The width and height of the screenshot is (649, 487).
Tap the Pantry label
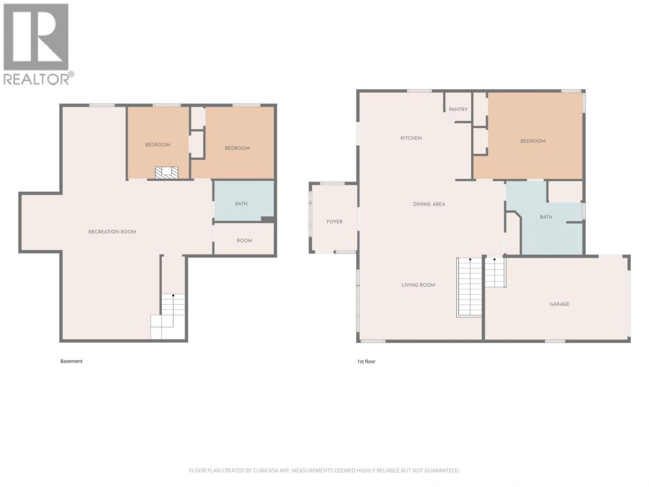pos(458,109)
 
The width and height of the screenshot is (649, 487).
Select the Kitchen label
pos(411,138)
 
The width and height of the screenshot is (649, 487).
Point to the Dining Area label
pos(429,204)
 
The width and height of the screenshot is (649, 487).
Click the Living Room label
pos(418,285)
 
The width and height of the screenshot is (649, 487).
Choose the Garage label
pos(559,304)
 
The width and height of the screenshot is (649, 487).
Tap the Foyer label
pos(335,222)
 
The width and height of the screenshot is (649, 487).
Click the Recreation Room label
pos(112,232)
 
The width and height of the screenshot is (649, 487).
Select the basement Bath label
pos(241,204)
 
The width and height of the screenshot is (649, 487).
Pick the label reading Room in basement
pos(244,241)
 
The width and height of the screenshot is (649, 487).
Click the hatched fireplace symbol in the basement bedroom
pos(167,172)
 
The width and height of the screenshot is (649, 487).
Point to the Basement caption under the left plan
pos(72,361)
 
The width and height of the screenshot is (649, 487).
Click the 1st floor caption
pos(366,362)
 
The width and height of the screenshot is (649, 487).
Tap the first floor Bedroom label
pos(533,141)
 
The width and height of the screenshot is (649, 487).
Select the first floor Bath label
pos(546,217)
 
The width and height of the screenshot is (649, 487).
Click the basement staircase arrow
pos(173,295)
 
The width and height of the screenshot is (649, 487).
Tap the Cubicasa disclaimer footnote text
pos(324,470)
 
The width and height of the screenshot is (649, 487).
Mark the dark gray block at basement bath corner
pos(268,219)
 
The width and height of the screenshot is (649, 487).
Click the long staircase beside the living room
pos(469,287)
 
